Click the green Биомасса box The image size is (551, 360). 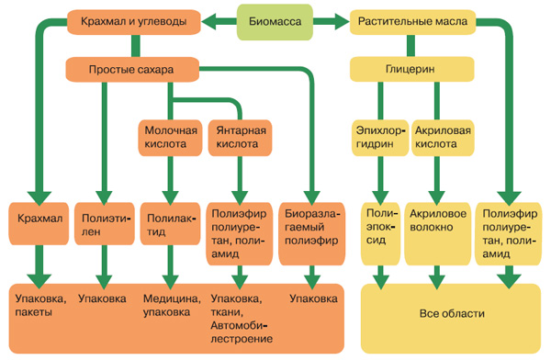pos(275,19)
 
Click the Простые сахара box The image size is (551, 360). pos(133,69)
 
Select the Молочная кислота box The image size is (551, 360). pos(170,137)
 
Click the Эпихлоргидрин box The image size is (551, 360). pos(377,137)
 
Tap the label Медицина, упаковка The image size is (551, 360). pos(171,306)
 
